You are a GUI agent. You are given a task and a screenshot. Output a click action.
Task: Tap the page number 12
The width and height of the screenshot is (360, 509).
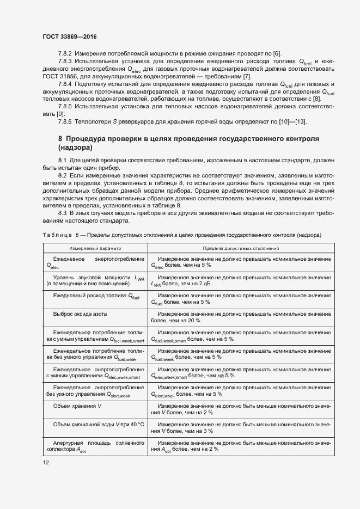pyautogui.click(x=46, y=462)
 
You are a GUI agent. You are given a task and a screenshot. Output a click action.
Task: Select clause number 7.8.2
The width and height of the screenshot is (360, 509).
pyautogui.click(x=66, y=52)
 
